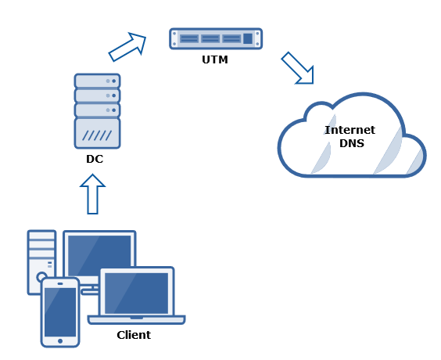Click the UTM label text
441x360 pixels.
point(215,59)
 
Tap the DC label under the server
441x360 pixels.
point(95,159)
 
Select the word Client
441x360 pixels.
point(134,335)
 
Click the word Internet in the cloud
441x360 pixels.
point(350,130)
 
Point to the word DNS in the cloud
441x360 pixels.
point(352,143)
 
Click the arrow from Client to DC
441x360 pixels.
point(92,194)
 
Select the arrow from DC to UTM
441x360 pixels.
point(127,47)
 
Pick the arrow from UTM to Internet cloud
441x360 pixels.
point(298,68)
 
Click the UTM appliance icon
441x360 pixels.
point(216,38)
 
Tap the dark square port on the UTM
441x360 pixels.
point(248,38)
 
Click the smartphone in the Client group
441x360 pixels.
point(60,312)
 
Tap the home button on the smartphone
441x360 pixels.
point(60,341)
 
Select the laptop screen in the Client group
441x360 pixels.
point(136,293)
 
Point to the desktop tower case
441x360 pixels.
point(41,261)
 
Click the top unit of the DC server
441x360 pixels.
point(97,81)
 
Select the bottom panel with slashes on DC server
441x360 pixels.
point(97,133)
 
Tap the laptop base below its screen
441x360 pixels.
point(136,320)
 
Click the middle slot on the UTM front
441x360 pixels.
point(210,38)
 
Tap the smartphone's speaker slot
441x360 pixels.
point(60,284)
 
